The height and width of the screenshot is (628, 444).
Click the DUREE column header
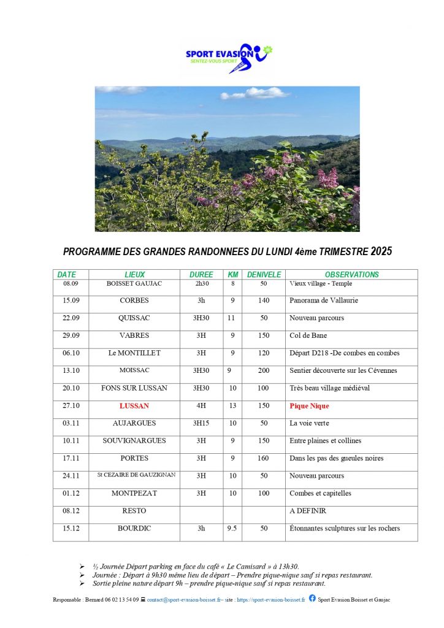201,275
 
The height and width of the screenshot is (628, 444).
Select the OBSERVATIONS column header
351,275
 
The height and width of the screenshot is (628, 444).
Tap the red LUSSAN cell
134,406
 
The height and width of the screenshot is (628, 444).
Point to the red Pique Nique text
309,406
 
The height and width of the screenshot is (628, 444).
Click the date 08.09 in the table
71,284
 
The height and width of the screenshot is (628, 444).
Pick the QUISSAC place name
134,318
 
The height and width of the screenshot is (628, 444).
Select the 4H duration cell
201,406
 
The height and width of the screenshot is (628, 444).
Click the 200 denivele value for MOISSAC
263,371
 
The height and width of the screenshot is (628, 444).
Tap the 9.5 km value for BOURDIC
232,529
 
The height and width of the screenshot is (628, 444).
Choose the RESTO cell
134,511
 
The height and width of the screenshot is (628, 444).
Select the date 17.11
71,458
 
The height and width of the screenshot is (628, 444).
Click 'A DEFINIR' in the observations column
308,511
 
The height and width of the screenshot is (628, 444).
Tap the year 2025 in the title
381,251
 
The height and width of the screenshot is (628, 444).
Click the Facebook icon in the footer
312,599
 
